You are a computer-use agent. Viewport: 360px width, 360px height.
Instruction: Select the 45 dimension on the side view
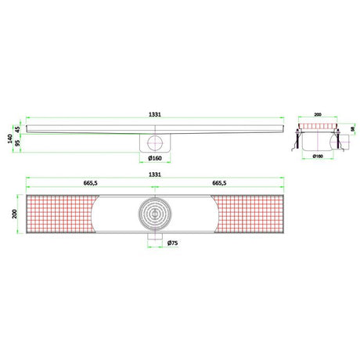[x=18, y=128]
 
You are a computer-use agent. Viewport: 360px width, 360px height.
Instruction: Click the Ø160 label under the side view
[x=156, y=159]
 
